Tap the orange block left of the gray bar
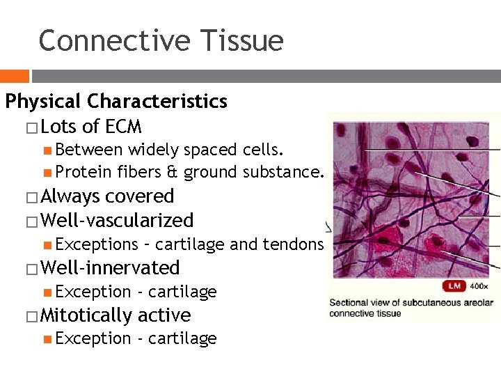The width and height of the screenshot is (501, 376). [14, 76]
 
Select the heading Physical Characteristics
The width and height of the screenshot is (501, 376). [116, 102]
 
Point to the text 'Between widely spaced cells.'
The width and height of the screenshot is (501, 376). [169, 150]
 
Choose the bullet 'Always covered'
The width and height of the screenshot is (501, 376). [107, 197]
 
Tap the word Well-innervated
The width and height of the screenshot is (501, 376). [110, 268]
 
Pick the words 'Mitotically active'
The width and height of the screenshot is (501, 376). [116, 315]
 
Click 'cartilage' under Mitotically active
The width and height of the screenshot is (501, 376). [182, 339]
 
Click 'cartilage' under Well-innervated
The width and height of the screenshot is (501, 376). [182, 292]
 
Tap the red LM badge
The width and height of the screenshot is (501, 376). [454, 286]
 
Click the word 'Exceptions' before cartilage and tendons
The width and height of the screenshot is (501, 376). [97, 244]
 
